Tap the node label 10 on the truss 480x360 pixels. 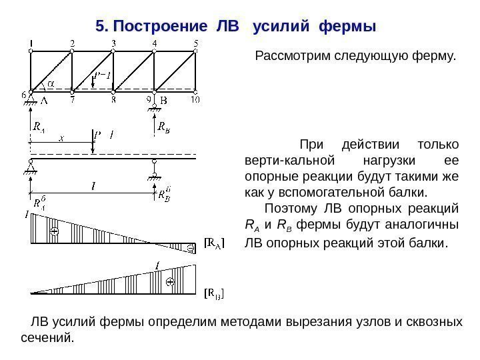(195, 100)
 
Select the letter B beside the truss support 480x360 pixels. (165, 101)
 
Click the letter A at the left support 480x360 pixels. (44, 101)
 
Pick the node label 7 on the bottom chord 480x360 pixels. (72, 101)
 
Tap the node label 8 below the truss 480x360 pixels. (114, 101)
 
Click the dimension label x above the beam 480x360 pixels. (61, 139)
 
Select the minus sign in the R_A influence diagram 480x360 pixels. (189, 248)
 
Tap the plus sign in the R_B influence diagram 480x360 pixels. (170, 282)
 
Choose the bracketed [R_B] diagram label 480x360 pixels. (213, 293)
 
